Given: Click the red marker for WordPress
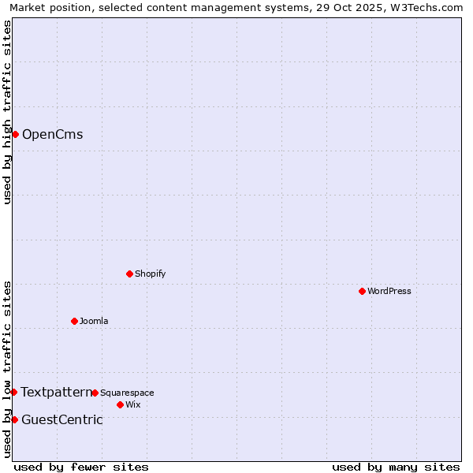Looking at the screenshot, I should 362,291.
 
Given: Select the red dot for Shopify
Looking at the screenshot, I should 129,274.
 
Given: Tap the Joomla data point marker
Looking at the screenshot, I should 74,321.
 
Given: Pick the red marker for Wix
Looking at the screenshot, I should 120,404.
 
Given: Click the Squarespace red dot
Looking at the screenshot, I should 95,393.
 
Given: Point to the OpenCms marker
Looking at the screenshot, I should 15,134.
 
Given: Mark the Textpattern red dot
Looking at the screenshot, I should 13,392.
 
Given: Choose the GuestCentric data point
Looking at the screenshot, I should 14,419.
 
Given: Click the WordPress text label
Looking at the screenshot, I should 389,291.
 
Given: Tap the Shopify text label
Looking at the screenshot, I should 150,274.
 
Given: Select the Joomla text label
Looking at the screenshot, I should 94,321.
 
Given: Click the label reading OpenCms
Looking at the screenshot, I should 52,134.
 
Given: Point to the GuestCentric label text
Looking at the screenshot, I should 61,419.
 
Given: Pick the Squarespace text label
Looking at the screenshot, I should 127,393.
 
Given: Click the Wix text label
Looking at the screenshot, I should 132,404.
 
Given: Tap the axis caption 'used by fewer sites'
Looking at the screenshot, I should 81,467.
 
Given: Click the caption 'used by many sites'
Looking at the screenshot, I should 396,467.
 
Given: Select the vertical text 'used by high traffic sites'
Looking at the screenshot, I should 7,112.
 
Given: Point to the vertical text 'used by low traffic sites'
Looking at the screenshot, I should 7,369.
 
